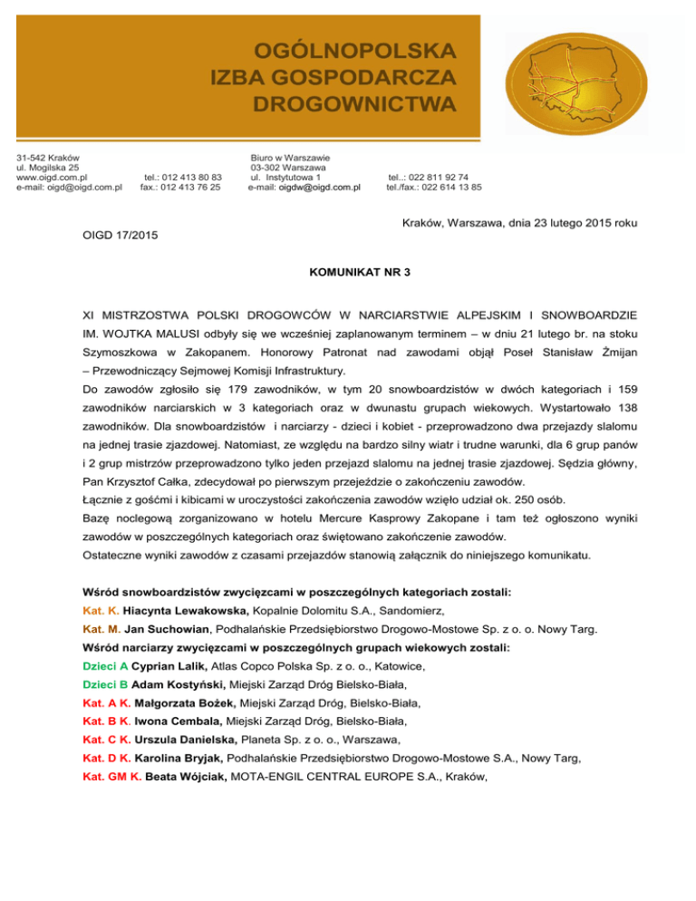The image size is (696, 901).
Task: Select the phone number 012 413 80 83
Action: (190, 178)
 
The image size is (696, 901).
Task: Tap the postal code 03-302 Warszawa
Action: (287, 168)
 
